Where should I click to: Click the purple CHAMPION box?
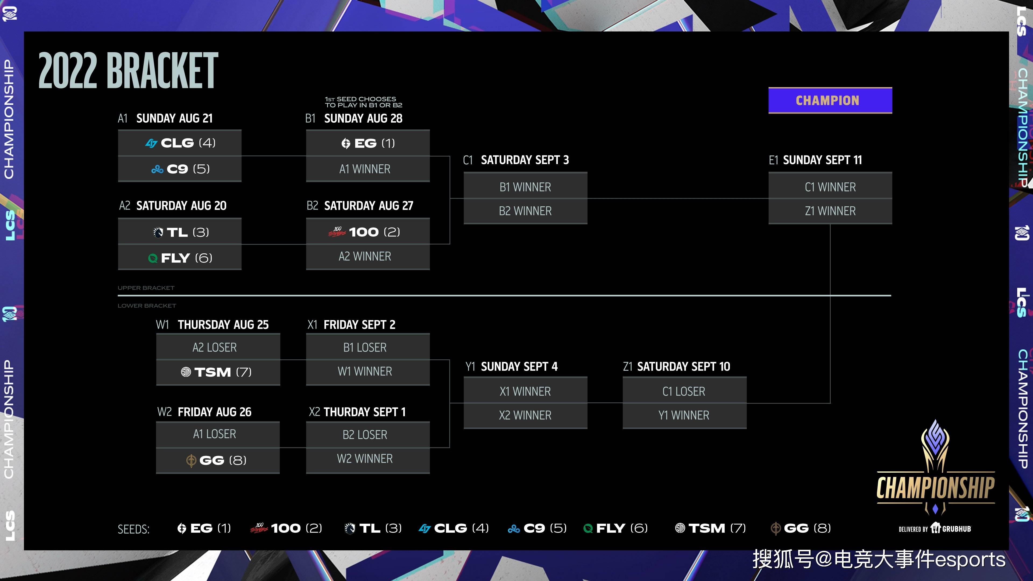(x=830, y=100)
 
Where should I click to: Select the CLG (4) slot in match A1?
(x=180, y=143)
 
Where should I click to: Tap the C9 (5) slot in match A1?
(x=180, y=169)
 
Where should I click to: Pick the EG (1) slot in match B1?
(x=368, y=143)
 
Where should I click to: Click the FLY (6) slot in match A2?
(x=180, y=257)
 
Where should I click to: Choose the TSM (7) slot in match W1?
(x=218, y=372)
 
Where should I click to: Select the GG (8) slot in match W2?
(x=218, y=460)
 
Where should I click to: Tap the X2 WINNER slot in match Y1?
(x=525, y=415)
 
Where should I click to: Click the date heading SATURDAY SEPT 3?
(x=525, y=160)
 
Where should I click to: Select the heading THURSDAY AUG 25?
(x=223, y=324)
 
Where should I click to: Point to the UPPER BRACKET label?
(x=146, y=288)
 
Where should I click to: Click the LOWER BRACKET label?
(x=147, y=306)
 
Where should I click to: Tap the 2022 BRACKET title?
(x=128, y=70)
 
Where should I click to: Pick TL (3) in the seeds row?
(x=373, y=528)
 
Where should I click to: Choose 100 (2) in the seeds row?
(x=286, y=528)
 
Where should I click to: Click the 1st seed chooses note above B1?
(x=363, y=102)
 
